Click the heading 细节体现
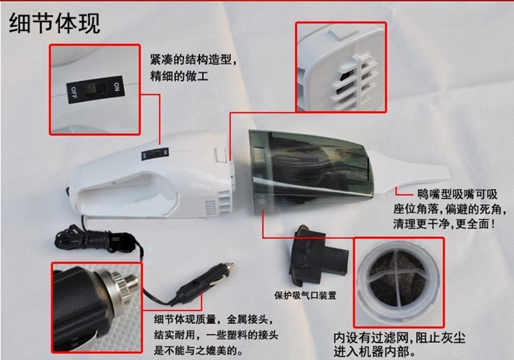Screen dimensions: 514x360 coord(54,23)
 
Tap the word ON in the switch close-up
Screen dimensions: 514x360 coord(116,86)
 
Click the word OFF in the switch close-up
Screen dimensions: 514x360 coord(74,94)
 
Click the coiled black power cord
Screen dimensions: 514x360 coord(95,240)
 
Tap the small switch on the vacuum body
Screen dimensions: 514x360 coord(155,154)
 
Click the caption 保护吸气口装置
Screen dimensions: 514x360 coord(305,295)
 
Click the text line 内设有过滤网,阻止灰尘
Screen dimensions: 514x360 coord(400,337)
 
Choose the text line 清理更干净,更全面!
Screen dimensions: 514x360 coord(444,224)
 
